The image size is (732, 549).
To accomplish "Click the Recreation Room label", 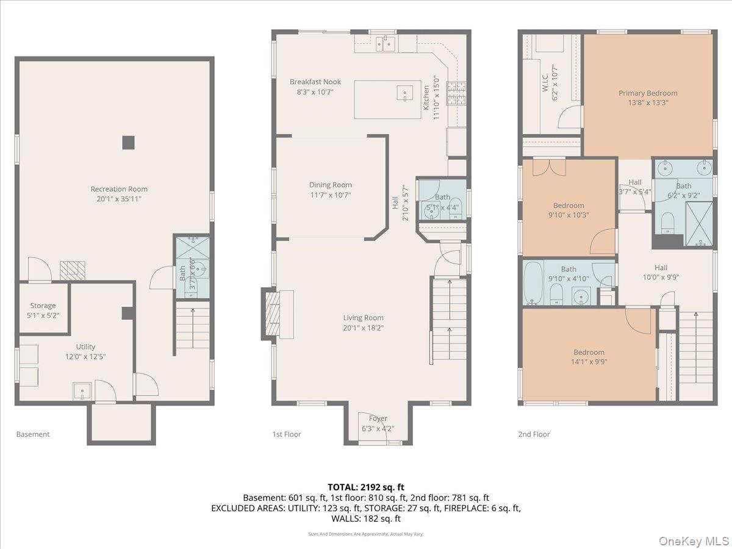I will pyautogui.click(x=119, y=189).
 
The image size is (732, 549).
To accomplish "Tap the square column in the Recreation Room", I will pyautogui.click(x=128, y=142).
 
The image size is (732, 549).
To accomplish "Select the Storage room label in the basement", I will pyautogui.click(x=43, y=306).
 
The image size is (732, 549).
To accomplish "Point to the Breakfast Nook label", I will pyautogui.click(x=315, y=82).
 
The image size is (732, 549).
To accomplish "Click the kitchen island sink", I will pyautogui.click(x=405, y=93).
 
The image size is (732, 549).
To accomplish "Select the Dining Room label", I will pyautogui.click(x=330, y=185).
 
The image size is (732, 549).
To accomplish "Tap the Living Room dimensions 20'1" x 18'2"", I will pyautogui.click(x=363, y=328).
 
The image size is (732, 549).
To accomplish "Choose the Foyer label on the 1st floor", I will pyautogui.click(x=378, y=418).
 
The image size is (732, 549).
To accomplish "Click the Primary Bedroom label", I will pyautogui.click(x=648, y=93).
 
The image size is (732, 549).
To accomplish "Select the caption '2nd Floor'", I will pyautogui.click(x=534, y=434).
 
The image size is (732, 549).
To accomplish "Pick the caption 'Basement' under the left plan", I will pyautogui.click(x=32, y=434).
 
